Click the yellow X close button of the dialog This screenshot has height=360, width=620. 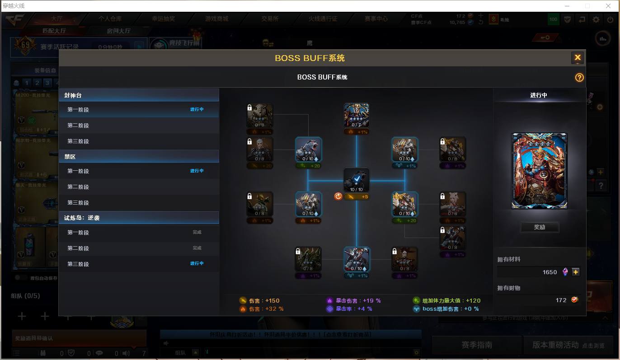tap(577, 57)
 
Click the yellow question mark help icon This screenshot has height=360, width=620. tap(579, 77)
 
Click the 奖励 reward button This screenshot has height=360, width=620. tap(539, 227)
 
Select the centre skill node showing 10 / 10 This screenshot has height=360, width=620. tap(356, 180)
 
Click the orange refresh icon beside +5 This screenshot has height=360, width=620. tap(338, 196)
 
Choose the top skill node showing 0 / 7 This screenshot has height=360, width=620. tap(356, 116)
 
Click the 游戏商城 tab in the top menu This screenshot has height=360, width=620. tap(216, 19)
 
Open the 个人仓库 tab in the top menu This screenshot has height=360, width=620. tap(110, 19)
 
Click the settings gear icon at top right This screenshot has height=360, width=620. tap(596, 19)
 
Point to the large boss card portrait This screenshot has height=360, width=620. tap(539, 171)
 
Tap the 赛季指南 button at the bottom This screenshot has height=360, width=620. tap(476, 345)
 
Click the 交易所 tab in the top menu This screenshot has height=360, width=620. tap(269, 19)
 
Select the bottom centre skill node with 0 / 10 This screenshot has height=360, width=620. tap(356, 259)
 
